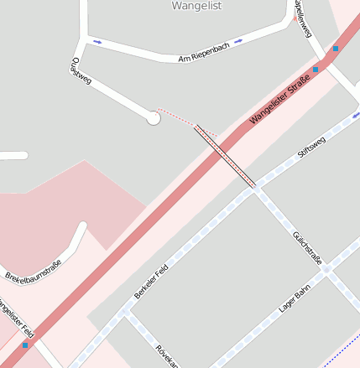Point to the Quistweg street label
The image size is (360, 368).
point(81,70)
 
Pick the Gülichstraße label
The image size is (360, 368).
point(306,247)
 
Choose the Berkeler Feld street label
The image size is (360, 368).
point(151,282)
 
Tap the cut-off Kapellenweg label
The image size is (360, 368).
point(304,18)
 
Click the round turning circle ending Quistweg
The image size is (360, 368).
point(153,118)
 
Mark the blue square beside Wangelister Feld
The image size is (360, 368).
point(25,345)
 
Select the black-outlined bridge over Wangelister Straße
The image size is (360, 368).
point(225,156)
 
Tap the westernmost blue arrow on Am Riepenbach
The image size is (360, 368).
point(98,41)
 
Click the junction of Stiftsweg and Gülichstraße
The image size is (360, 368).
point(253,189)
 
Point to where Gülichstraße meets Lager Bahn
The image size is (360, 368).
point(329,271)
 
